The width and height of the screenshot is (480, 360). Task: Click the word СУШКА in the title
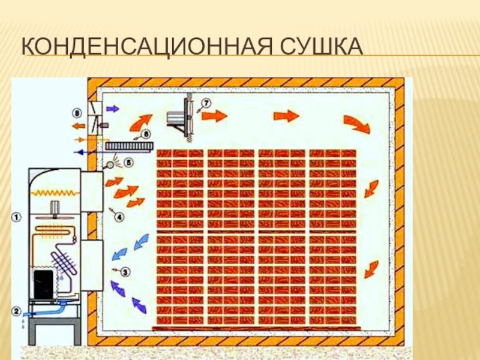321,47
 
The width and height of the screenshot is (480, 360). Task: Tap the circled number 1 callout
16,218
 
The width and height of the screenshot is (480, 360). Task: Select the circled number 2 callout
16,311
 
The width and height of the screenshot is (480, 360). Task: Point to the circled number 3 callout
125,272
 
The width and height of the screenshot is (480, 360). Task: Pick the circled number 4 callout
119,217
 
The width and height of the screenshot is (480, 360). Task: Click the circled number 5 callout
128,162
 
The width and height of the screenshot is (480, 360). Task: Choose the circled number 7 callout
206,103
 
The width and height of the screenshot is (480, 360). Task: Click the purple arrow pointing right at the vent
112,109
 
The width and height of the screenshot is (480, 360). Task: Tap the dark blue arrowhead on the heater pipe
80,152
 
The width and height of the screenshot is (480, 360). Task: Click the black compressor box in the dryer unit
43,284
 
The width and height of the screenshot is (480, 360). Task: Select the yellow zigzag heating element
55,193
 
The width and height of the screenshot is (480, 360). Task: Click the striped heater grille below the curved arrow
129,146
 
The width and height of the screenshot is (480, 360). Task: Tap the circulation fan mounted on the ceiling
181,117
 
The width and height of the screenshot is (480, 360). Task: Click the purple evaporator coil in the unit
64,262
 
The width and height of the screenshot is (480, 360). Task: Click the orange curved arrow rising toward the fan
141,122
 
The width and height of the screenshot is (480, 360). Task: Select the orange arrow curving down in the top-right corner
357,124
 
